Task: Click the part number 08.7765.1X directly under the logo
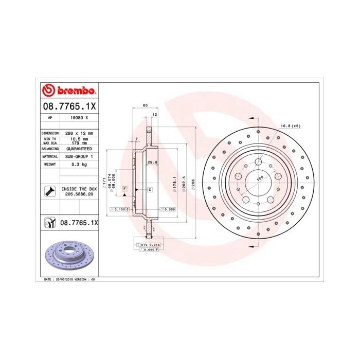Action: [68, 106]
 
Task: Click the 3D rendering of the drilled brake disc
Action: [68, 255]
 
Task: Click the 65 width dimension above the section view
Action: [145, 105]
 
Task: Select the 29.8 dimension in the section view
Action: [151, 163]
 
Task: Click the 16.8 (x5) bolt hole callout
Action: [290, 125]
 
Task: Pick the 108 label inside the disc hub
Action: [260, 177]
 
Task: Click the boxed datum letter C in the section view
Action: [150, 190]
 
